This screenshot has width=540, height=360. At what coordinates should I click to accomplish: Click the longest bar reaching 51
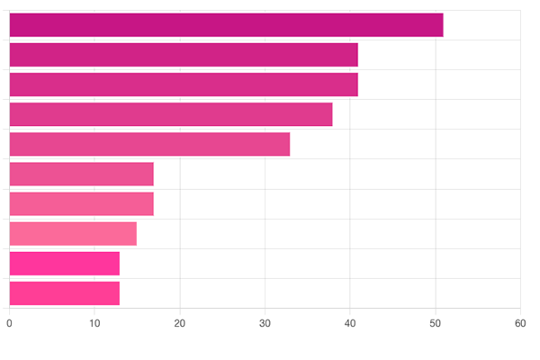pyautogui.click(x=226, y=25)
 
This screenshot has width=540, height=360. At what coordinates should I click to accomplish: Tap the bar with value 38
pyautogui.click(x=171, y=114)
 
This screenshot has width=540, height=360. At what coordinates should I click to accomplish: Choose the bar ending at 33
pyautogui.click(x=149, y=144)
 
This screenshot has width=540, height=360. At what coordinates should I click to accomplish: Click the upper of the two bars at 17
pyautogui.click(x=81, y=174)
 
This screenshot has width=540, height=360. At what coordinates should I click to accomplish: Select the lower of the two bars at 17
pyautogui.click(x=81, y=203)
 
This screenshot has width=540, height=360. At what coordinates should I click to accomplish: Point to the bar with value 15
pyautogui.click(x=73, y=234)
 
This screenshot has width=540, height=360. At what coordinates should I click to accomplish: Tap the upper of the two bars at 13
pyautogui.click(x=64, y=264)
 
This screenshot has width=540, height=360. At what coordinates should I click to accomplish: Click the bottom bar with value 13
pyautogui.click(x=64, y=293)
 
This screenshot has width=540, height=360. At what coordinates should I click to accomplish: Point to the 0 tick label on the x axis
pyautogui.click(x=9, y=323)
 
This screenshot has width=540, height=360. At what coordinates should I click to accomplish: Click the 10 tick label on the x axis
pyautogui.click(x=94, y=323)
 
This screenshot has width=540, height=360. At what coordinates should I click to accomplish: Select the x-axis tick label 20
pyautogui.click(x=180, y=323)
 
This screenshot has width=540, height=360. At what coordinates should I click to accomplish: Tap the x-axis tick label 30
pyautogui.click(x=265, y=323)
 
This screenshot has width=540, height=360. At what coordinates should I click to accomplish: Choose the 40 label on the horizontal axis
pyautogui.click(x=350, y=323)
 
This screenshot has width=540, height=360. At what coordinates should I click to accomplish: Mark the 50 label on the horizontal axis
pyautogui.click(x=436, y=323)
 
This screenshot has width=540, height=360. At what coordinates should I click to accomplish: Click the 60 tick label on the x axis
pyautogui.click(x=520, y=323)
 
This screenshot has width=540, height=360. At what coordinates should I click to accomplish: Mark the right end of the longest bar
pyautogui.click(x=443, y=25)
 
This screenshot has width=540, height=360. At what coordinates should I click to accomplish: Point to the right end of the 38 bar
pyautogui.click(x=332, y=114)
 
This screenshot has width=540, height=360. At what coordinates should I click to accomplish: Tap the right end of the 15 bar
pyautogui.click(x=137, y=234)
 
